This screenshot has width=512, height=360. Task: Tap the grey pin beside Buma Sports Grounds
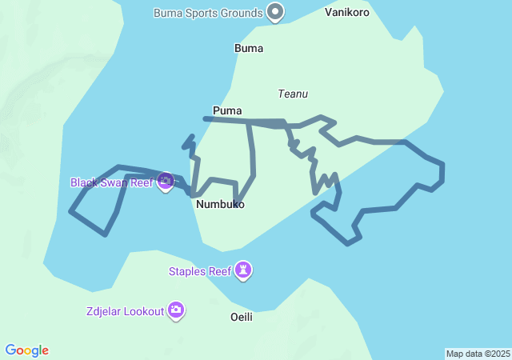[x=276, y=12]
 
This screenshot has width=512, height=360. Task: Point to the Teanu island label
[x=293, y=94]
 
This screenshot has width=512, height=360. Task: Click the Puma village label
[x=227, y=110]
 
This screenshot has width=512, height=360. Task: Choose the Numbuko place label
[x=220, y=205]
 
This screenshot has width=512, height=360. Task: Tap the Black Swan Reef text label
[x=111, y=182]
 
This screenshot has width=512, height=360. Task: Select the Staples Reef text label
[x=199, y=271]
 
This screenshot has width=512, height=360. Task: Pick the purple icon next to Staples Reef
[x=244, y=271]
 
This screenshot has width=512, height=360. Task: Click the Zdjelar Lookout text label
[x=124, y=310]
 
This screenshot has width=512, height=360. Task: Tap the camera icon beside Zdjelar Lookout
[x=176, y=310]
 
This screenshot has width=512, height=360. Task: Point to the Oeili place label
[x=241, y=317]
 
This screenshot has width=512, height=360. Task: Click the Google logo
[x=27, y=350]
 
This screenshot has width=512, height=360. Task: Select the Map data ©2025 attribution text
[x=478, y=354]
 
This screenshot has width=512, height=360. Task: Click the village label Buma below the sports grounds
[x=249, y=48]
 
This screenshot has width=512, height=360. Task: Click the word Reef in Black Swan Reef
[x=141, y=182]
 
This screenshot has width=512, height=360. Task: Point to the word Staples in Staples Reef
[x=188, y=271]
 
